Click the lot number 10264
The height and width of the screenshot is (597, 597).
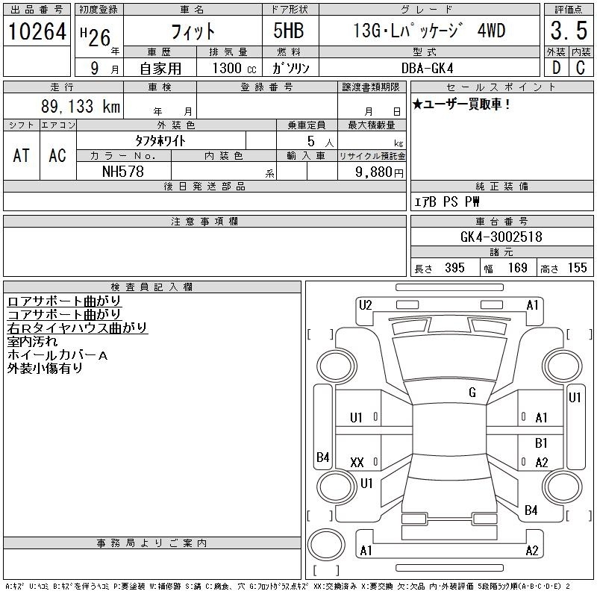pos(37,31)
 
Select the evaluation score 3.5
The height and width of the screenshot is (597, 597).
pos(569,31)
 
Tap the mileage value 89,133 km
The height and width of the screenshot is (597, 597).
pos(81,106)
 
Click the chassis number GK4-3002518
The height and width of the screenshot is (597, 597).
pos(501,237)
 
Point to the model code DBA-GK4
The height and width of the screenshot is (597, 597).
pos(427,68)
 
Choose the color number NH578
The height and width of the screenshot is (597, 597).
pos(123,172)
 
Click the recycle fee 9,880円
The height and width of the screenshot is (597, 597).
pos(379,172)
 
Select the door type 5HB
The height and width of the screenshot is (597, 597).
pos(289,31)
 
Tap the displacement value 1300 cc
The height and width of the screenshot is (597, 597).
pos(234,68)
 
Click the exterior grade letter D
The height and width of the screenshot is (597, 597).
pos(556,68)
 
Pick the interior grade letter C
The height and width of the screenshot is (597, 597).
pos(581,68)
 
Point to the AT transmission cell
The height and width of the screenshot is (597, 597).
pos(22,155)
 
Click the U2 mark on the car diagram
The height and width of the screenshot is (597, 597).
pos(365,305)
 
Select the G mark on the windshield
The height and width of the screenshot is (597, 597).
pos(472,393)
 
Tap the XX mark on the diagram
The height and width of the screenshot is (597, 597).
pos(357,463)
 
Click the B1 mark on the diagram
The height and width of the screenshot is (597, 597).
pos(541,443)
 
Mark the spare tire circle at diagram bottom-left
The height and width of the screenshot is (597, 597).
pos(326,545)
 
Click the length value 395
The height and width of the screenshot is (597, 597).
pos(454,268)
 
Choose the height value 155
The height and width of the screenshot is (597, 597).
pos(577,268)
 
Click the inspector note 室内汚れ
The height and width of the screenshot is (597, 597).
pos(32,342)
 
